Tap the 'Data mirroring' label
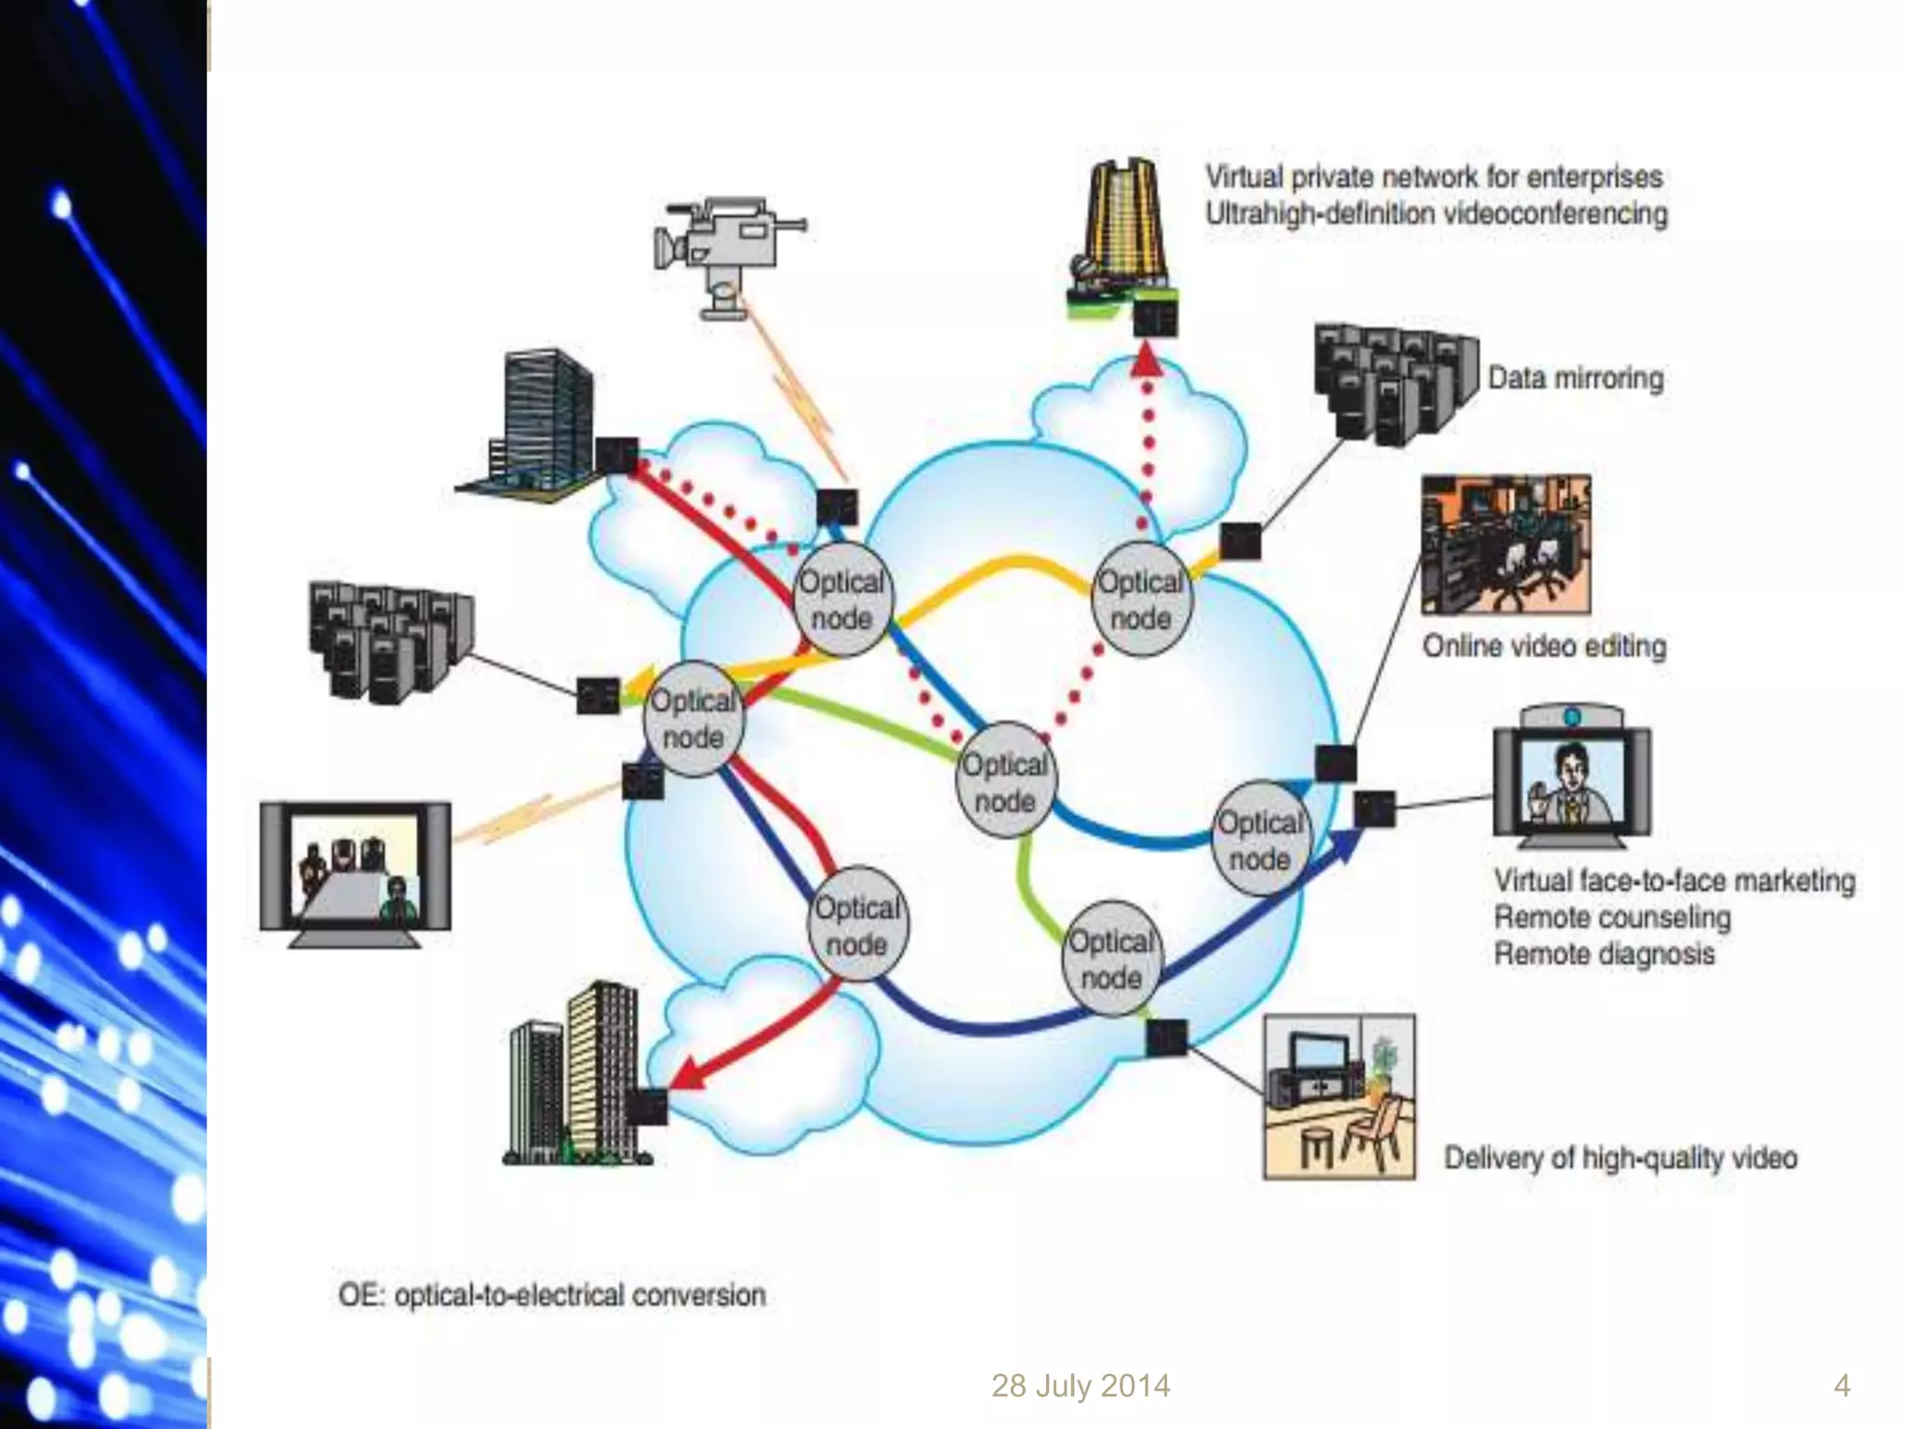(1575, 379)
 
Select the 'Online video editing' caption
(1544, 646)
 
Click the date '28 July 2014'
(1080, 1385)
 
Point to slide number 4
(1841, 1385)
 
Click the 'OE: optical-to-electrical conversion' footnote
(552, 1295)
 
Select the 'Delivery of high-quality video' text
(1619, 1158)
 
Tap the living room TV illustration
(1339, 1096)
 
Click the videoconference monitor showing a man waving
(1571, 777)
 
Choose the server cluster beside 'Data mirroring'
(1393, 381)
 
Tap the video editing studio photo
(1505, 544)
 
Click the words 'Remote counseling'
(1612, 917)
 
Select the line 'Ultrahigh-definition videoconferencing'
(1436, 214)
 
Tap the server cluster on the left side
(389, 639)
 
